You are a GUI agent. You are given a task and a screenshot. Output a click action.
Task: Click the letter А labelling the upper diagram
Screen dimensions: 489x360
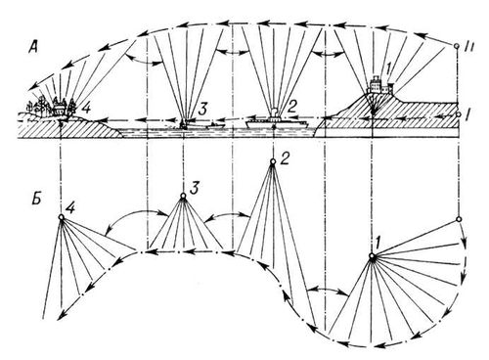[x=33, y=48]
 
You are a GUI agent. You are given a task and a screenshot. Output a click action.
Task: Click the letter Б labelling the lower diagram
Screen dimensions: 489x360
[x=36, y=199]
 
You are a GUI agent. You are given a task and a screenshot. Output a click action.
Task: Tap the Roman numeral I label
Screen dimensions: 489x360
[x=467, y=114]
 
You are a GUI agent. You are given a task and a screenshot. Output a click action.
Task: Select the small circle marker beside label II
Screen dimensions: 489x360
[x=457, y=46]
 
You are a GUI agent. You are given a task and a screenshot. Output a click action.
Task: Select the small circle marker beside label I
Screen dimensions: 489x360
[x=459, y=114]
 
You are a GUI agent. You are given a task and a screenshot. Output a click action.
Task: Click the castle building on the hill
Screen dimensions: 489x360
[x=380, y=84]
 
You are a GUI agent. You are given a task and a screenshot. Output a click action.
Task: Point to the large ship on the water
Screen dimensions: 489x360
[x=277, y=121]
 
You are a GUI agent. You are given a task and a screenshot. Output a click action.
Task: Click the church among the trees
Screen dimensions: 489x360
[x=60, y=107]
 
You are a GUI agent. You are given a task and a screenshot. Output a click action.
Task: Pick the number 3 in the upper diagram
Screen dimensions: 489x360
[x=201, y=109]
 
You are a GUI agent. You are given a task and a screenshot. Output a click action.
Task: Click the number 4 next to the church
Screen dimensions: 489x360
[x=86, y=109]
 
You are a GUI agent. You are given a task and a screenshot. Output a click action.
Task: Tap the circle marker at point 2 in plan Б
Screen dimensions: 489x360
[x=273, y=161]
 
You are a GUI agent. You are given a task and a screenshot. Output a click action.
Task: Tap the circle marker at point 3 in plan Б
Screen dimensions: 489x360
[x=183, y=196]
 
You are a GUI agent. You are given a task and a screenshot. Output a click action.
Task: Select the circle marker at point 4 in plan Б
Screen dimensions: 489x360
[x=61, y=217]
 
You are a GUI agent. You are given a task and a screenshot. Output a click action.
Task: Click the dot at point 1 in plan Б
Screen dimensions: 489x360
[x=372, y=256]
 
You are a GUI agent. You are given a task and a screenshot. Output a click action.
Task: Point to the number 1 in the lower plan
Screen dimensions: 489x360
[x=378, y=242]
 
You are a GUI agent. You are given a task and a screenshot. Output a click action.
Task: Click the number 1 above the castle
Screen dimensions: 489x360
[x=388, y=69]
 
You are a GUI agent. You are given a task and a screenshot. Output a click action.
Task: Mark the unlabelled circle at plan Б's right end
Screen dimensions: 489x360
[x=459, y=219]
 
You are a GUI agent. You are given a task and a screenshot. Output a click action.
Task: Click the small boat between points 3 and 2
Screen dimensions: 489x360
[x=214, y=125]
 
